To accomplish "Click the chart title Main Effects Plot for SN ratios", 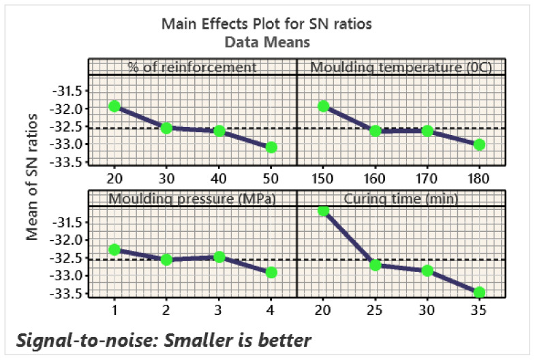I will (x=266, y=25).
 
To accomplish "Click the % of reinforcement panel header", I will (x=192, y=67).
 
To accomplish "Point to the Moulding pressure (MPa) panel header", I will (x=192, y=198).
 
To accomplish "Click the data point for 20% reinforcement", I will (x=114, y=106).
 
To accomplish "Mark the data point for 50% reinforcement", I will (x=271, y=147).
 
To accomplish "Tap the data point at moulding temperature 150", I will (x=323, y=106).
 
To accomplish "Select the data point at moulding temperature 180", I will (x=479, y=145).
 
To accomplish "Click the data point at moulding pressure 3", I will (x=219, y=256).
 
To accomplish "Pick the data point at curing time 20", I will (x=323, y=211).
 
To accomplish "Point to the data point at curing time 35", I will (x=479, y=292).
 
